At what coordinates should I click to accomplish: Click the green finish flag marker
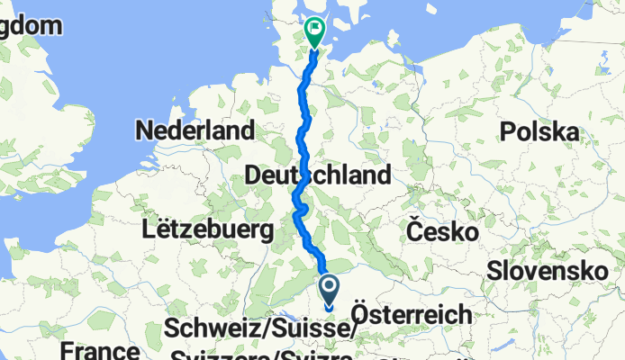tap(315, 31)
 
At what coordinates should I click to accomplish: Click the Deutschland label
tap(318, 174)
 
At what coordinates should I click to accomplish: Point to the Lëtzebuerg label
tap(207, 229)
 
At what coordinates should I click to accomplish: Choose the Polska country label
tap(540, 132)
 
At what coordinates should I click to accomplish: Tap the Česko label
tap(441, 231)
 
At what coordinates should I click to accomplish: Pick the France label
tap(101, 351)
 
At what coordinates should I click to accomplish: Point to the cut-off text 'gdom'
tap(32, 25)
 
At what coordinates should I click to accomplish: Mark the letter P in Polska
tap(511, 132)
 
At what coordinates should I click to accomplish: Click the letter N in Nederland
tap(144, 130)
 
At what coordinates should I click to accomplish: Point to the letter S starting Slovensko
tap(494, 269)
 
